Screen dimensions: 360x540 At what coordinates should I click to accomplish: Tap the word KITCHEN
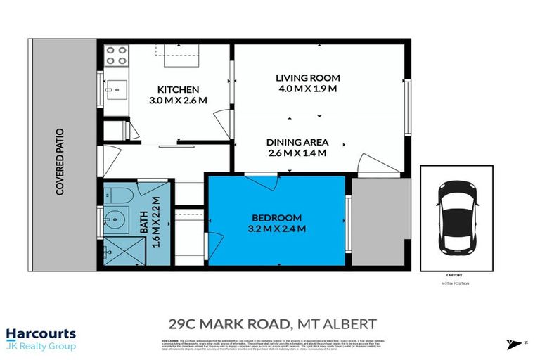pos(178,89)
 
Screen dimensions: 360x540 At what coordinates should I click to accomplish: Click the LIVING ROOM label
pos(307,77)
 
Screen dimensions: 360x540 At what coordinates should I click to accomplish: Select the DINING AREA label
pos(302,141)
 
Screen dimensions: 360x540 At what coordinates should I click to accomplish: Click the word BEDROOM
pos(277,217)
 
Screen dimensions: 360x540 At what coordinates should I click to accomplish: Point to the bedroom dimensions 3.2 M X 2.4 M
pos(277,229)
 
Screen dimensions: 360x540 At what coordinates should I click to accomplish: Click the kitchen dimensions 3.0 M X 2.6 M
pos(179,101)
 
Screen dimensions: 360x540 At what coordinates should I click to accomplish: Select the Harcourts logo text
pos(40,334)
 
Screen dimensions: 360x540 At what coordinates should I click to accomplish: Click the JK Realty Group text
pos(40,346)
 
